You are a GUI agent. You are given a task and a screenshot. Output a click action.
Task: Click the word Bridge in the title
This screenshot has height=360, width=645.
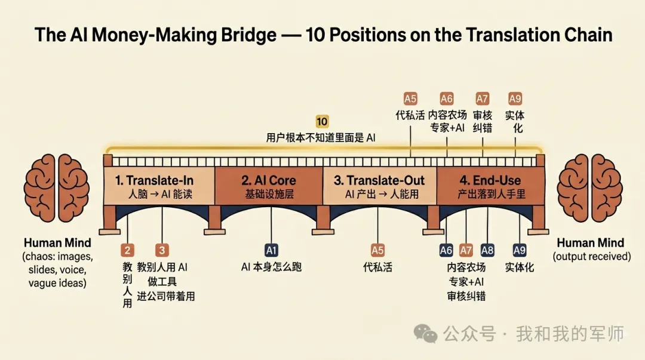pyautogui.click(x=248, y=35)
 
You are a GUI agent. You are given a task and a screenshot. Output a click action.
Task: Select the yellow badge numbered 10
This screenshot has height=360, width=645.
pyautogui.click(x=322, y=121)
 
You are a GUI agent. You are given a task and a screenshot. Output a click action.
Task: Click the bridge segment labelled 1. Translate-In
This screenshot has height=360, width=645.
pyautogui.click(x=159, y=186)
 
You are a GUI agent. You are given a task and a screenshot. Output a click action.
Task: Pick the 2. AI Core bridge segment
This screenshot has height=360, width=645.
pyautogui.click(x=269, y=186)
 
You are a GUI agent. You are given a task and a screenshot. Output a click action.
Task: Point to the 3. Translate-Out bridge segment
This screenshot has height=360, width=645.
pyautogui.click(x=380, y=186)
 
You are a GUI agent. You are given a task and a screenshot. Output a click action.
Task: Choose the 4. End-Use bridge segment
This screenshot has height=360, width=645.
pyautogui.click(x=490, y=186)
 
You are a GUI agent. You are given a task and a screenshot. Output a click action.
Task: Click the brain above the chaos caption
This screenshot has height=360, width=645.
pyautogui.click(x=56, y=187)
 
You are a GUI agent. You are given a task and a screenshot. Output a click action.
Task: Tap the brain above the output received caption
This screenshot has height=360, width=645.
pyautogui.click(x=589, y=187)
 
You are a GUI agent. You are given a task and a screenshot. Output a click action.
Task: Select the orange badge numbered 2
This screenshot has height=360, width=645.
pyautogui.click(x=128, y=250)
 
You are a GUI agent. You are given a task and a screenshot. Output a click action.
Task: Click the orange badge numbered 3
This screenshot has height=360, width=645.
pyautogui.click(x=162, y=250)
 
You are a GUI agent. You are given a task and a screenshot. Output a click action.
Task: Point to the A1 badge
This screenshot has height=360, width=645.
pyautogui.click(x=271, y=250)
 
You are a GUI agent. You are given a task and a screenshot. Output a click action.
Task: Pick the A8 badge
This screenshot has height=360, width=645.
pyautogui.click(x=487, y=250)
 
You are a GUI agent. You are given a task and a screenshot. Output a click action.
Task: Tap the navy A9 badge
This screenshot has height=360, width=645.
pyautogui.click(x=519, y=250)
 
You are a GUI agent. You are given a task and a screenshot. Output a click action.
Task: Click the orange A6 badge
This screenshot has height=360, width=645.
pyautogui.click(x=446, y=99)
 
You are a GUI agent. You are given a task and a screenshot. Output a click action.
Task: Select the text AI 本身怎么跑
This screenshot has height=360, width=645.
pyautogui.click(x=271, y=267)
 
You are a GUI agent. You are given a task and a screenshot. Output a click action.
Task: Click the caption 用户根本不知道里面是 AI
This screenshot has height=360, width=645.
pyautogui.click(x=321, y=137)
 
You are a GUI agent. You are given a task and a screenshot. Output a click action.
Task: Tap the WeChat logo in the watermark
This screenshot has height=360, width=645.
pyautogui.click(x=425, y=333)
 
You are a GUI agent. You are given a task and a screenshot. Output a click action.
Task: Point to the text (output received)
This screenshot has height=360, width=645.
pyautogui.click(x=591, y=256)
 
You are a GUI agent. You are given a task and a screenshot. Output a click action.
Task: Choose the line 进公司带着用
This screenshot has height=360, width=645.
pyautogui.click(x=166, y=296)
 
